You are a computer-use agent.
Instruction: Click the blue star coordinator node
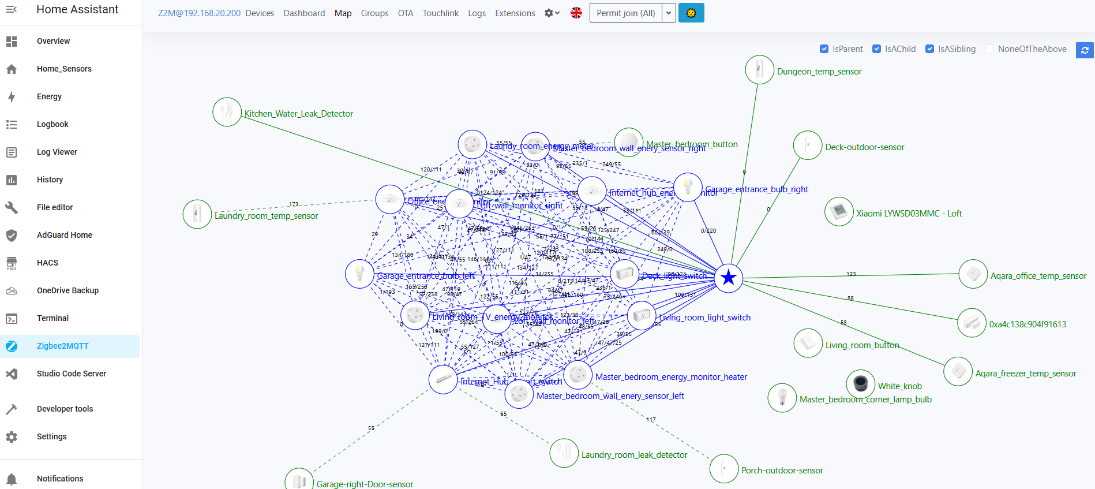click(729, 278)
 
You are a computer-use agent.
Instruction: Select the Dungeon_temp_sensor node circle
click(759, 70)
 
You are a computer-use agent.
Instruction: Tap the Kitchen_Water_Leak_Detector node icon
click(227, 112)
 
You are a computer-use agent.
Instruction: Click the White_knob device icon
click(860, 383)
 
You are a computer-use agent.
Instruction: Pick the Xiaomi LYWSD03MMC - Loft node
click(839, 211)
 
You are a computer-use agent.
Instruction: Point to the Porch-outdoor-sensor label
click(782, 471)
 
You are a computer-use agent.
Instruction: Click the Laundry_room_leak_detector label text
click(634, 455)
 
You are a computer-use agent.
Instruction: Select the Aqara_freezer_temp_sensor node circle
click(958, 371)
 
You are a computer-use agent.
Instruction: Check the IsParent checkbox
click(824, 49)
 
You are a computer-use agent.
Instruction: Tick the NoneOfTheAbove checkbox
click(990, 49)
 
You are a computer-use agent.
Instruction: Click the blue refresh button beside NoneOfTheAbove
click(1085, 50)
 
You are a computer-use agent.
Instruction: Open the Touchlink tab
click(441, 13)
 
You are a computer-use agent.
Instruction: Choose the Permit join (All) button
click(625, 13)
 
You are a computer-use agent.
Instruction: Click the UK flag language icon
click(576, 13)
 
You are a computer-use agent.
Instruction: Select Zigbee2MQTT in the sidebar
click(63, 346)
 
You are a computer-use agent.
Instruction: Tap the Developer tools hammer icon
click(12, 409)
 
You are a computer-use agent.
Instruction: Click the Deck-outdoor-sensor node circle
click(808, 145)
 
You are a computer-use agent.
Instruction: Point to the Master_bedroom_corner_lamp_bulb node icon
click(782, 398)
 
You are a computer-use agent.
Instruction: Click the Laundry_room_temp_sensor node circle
click(197, 214)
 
